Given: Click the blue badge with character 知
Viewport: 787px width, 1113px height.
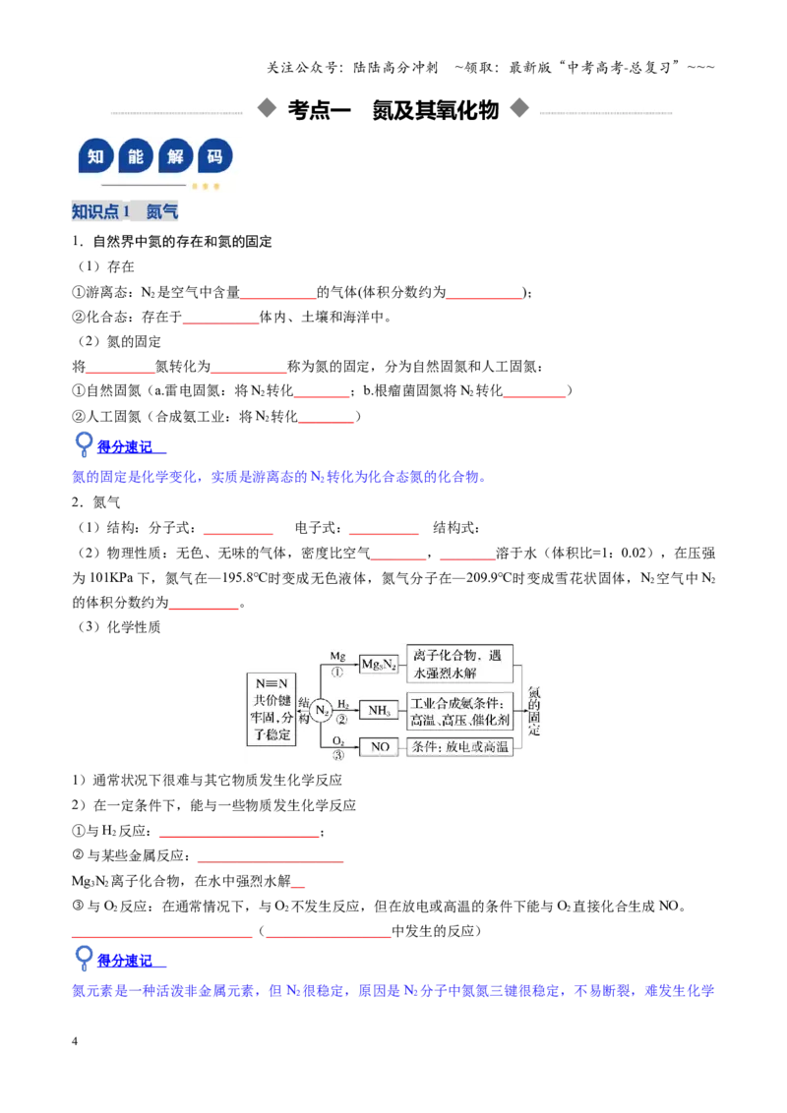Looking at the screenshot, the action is click(95, 156).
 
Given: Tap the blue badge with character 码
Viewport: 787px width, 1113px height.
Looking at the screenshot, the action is click(215, 156).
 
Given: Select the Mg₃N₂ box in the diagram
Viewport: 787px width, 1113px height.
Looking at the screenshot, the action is click(380, 665).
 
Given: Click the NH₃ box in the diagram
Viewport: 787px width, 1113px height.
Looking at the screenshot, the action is click(379, 710).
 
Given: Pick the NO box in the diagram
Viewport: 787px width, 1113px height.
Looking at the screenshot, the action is click(380, 746).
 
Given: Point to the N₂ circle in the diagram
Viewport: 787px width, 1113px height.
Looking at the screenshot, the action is click(322, 710).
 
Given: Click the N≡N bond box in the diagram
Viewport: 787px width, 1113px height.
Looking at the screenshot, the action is click(272, 708).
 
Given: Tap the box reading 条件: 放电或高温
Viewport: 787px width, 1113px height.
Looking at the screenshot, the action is click(460, 746).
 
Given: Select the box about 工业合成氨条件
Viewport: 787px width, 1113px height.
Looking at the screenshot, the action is click(460, 711).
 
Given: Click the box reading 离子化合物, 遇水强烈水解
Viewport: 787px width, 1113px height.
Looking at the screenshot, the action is click(459, 664).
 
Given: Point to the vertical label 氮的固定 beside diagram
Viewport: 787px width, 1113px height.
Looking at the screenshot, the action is click(534, 711).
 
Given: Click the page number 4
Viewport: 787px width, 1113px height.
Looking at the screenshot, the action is click(75, 1041).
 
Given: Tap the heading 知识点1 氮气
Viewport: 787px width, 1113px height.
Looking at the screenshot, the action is click(125, 210).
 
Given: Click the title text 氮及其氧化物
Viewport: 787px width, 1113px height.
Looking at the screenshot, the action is click(436, 110).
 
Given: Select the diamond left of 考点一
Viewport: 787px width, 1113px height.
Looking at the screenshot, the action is click(267, 108).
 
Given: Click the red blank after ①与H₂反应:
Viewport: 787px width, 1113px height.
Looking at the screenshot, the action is click(239, 836).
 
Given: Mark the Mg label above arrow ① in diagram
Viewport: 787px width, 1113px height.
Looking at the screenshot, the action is click(337, 657).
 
